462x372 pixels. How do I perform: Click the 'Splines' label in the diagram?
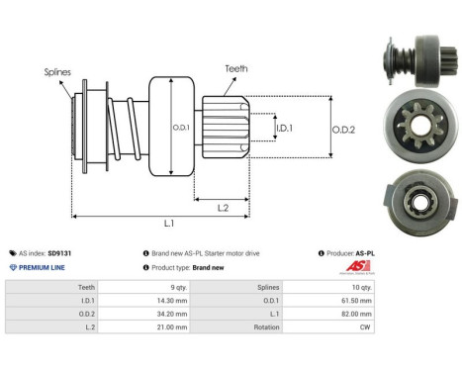coord(56,71)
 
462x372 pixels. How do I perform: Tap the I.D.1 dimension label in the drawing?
coord(283,129)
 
